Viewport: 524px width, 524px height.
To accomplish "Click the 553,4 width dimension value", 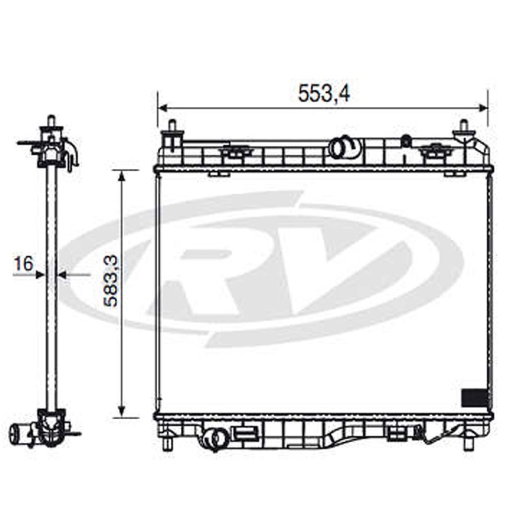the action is [x=324, y=93].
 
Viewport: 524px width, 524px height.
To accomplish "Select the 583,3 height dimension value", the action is [x=111, y=281].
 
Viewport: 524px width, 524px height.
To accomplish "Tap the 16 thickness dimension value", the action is [x=24, y=264].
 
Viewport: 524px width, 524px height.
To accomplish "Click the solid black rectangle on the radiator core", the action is [x=474, y=398].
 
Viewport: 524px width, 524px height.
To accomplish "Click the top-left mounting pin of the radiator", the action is [x=172, y=126].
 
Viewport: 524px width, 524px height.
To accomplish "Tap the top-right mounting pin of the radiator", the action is [x=464, y=126].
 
